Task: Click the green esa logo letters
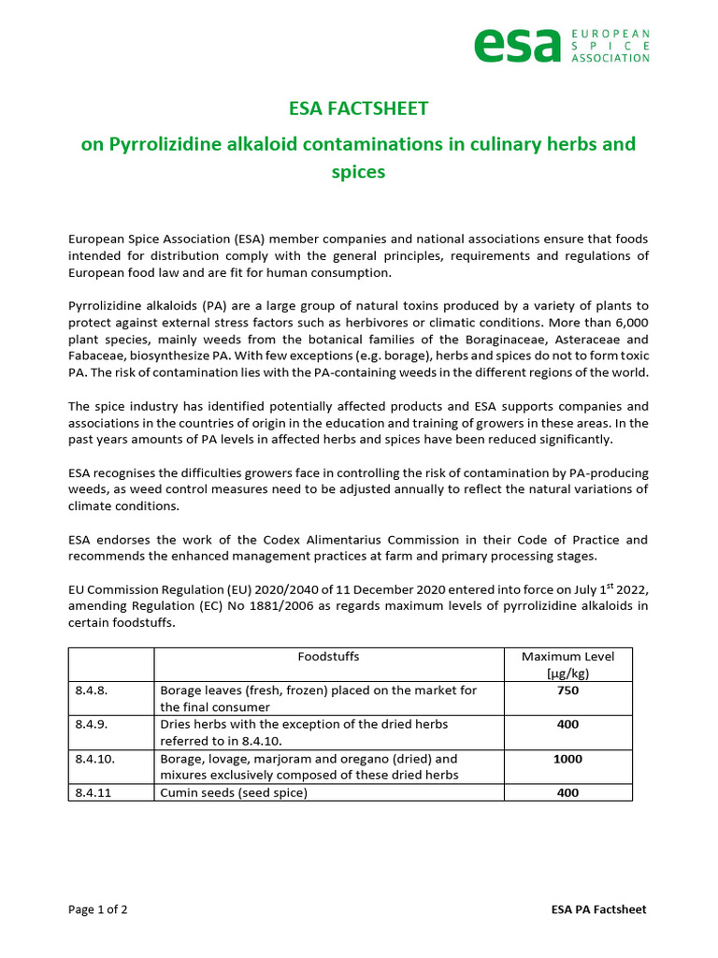point(517,45)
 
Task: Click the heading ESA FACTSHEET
point(359,109)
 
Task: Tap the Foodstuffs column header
point(328,657)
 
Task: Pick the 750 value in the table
point(567,690)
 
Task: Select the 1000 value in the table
point(567,759)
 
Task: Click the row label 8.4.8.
point(93,690)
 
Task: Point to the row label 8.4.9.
point(93,724)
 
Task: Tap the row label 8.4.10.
point(95,759)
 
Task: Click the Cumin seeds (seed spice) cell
point(234,792)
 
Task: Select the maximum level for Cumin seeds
point(567,792)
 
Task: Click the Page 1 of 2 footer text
point(98,909)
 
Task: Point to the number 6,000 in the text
point(629,323)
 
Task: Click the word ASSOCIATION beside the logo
point(610,58)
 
